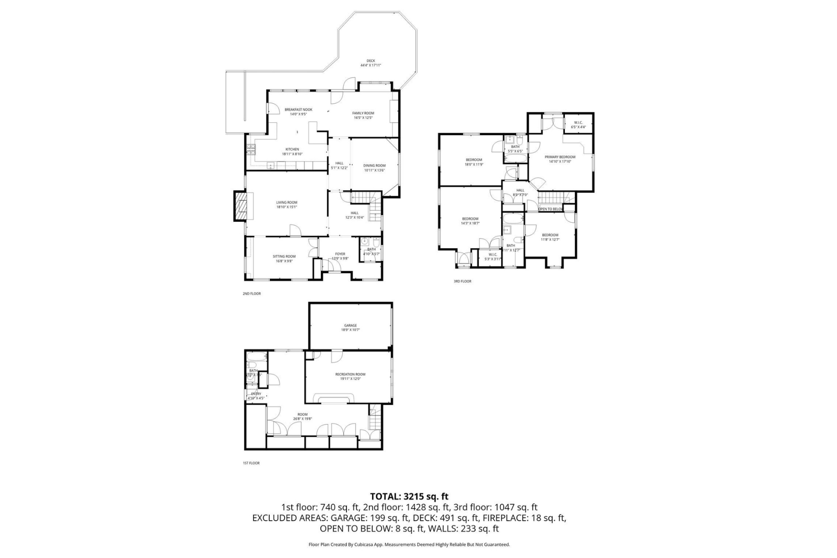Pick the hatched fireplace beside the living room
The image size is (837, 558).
click(241, 206)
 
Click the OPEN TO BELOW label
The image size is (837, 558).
click(551, 209)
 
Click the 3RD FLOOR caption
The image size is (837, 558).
click(462, 281)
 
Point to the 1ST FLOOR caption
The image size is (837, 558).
click(251, 463)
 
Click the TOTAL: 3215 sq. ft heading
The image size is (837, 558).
click(409, 497)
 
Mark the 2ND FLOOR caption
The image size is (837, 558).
click(252, 294)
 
